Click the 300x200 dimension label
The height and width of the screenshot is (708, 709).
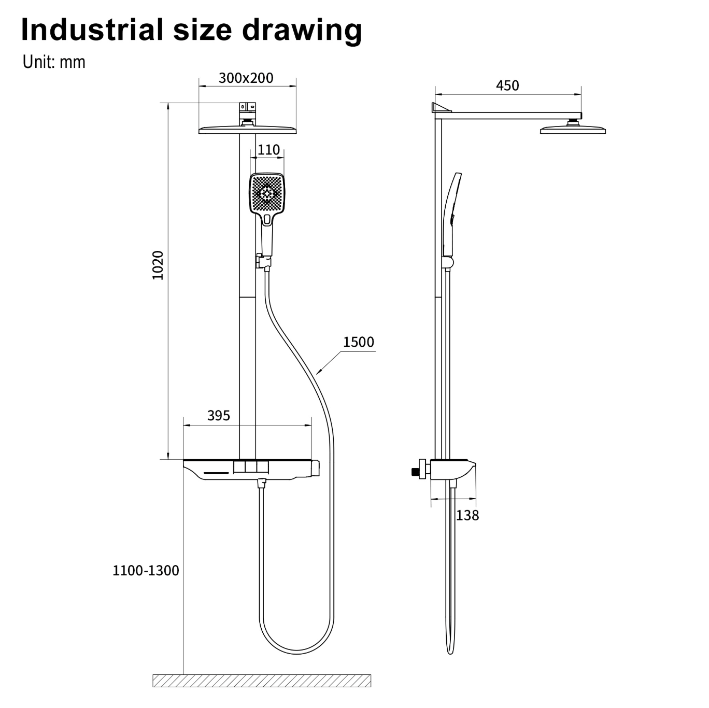tap(246, 78)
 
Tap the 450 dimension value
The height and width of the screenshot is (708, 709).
tap(507, 86)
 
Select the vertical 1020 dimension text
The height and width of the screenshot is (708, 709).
tap(158, 265)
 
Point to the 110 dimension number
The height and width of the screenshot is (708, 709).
tap(268, 150)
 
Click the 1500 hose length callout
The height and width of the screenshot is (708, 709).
tap(358, 342)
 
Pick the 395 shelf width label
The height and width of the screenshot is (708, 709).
tap(219, 416)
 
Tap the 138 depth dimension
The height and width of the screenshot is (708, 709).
tap(467, 515)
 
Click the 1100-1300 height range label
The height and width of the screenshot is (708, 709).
tap(146, 570)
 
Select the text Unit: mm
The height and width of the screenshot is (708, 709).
tap(54, 62)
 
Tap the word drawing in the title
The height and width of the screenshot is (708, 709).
tap(302, 31)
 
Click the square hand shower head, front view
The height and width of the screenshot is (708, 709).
tap(267, 193)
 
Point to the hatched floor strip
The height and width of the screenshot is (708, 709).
tap(262, 681)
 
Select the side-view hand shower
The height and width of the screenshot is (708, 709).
tap(452, 215)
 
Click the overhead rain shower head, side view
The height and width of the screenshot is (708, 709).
tap(573, 129)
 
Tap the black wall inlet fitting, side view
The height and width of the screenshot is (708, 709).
tap(416, 472)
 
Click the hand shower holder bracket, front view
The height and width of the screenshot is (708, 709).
tap(263, 262)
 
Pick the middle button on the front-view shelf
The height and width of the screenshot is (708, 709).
tap(251, 468)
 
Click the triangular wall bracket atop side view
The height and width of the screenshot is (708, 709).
tap(441, 107)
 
